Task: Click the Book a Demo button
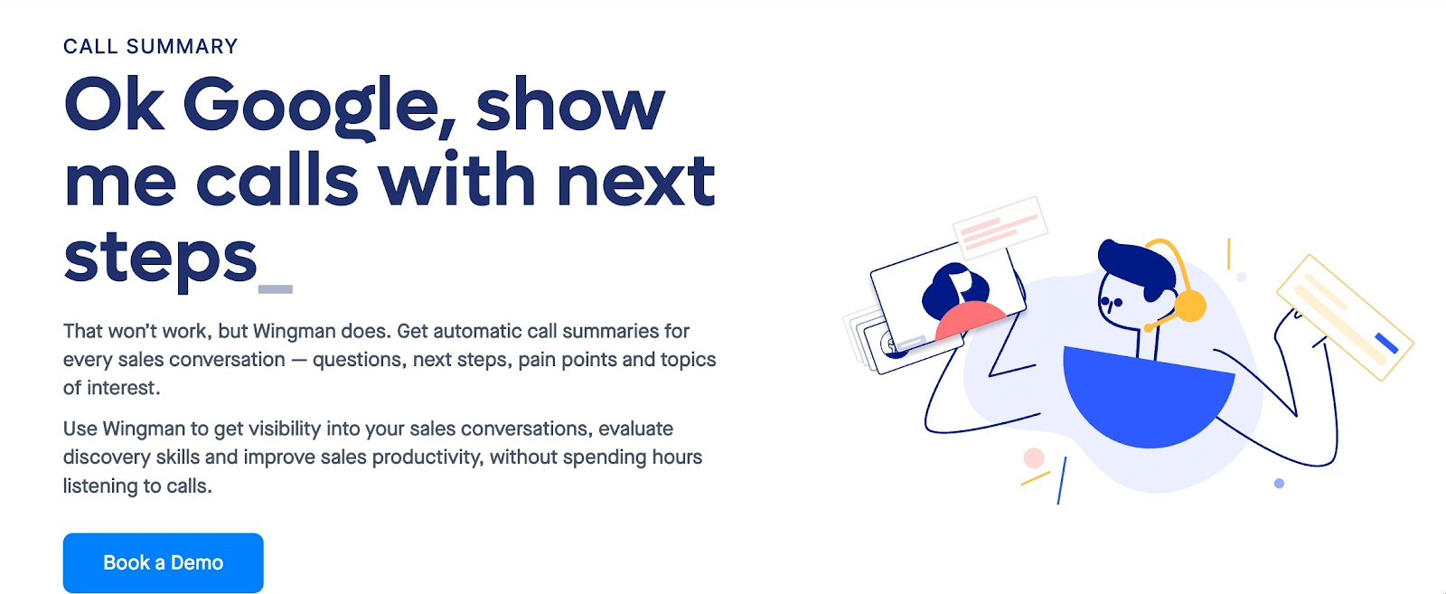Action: [164, 562]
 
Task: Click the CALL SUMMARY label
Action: [150, 46]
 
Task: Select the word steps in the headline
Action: [160, 259]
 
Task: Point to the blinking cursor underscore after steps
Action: [276, 289]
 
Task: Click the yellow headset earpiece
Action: [1189, 306]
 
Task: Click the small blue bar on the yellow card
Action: [1386, 343]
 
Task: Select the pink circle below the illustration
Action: [1034, 457]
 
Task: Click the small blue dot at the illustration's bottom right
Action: [1279, 484]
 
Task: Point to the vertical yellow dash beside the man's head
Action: [1228, 254]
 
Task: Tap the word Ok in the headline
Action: [114, 103]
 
